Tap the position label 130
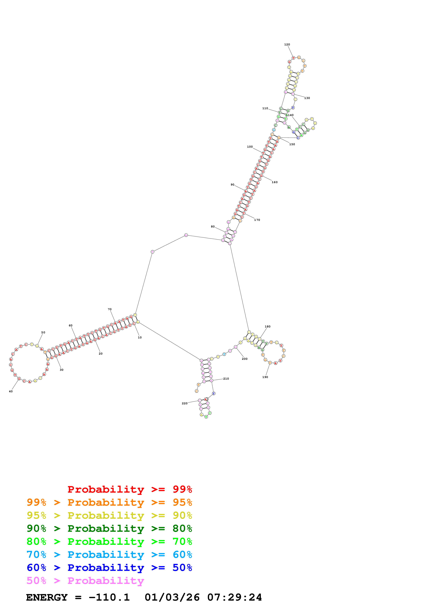point(307,98)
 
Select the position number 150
point(292,144)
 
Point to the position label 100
point(250,147)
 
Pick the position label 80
point(213,227)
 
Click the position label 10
point(140,337)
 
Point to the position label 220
point(185,403)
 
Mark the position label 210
point(226,379)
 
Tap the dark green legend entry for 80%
point(109,528)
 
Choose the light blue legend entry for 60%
point(109,555)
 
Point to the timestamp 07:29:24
point(235,597)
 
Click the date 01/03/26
point(172,597)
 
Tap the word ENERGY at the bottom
point(47,597)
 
